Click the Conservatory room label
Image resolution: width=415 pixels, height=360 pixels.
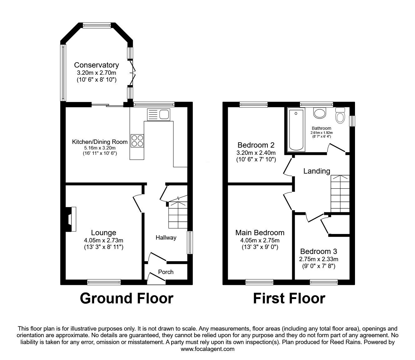click(96, 65)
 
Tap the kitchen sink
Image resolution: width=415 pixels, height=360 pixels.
click(159, 114)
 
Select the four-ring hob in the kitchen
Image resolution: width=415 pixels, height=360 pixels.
click(137, 141)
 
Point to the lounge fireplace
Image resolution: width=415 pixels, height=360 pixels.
click(71, 219)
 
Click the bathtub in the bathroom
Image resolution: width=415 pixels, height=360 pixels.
click(296, 130)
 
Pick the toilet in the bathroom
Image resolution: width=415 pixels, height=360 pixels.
click(340, 115)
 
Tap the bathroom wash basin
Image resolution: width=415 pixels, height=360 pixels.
click(319, 113)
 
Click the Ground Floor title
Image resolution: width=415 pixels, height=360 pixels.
click(127, 298)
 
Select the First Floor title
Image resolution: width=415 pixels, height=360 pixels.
click(289, 298)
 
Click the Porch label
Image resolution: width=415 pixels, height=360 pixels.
click(166, 272)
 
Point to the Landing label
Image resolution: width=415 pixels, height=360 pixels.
click(317, 171)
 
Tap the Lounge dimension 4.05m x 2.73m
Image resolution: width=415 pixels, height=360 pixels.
click(104, 241)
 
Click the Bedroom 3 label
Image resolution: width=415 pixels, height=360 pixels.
click(319, 251)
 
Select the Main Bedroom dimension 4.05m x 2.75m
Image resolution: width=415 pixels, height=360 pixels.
click(260, 241)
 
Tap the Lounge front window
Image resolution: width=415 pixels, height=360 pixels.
click(104, 282)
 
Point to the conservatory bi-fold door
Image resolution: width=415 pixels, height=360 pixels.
click(132, 73)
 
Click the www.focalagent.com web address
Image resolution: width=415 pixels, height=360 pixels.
click(207, 349)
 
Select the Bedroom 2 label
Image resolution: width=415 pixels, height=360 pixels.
click(256, 145)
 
